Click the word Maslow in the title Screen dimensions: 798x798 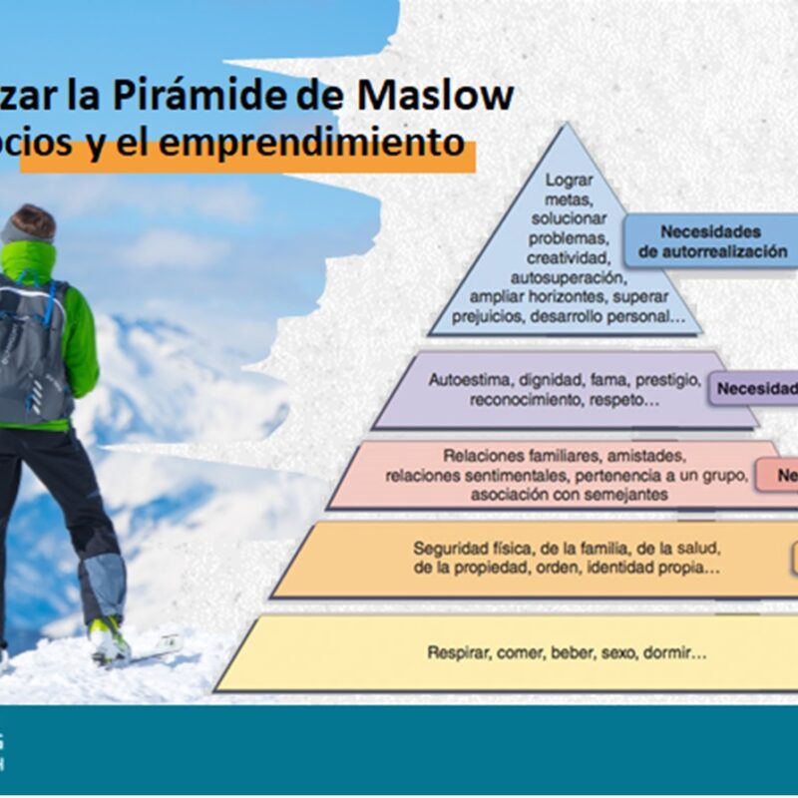coord(448,96)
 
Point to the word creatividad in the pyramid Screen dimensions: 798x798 coord(569,257)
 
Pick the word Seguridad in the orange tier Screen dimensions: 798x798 coord(448,549)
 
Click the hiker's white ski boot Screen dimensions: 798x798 coord(108,638)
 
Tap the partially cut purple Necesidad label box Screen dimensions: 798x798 coord(753,387)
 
